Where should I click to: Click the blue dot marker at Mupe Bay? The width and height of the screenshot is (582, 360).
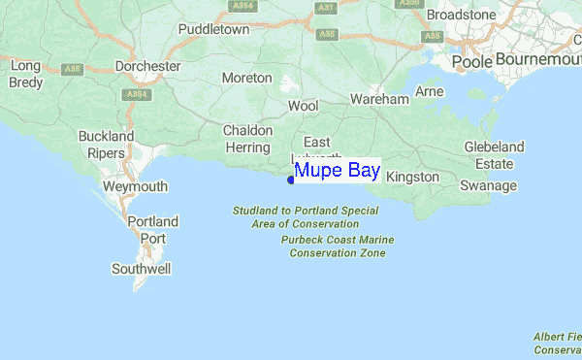coord(291,179)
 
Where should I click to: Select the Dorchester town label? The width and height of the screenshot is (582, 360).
coord(148,66)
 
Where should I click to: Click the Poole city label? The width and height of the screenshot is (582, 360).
coord(471,61)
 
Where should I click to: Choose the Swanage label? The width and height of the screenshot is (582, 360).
coord(488,185)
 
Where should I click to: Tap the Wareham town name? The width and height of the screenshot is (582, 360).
coord(379,99)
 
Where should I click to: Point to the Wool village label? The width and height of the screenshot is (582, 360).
coord(303,105)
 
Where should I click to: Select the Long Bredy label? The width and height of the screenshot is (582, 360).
coord(26,74)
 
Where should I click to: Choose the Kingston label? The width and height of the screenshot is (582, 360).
coord(412,178)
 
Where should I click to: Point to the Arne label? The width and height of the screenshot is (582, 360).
coord(429,91)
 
